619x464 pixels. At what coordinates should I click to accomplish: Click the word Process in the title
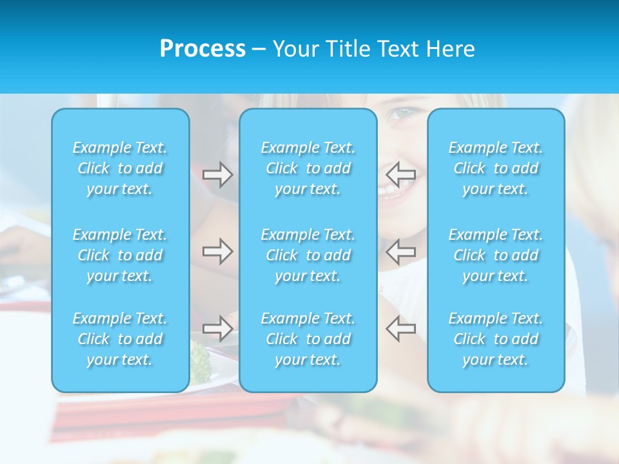pyautogui.click(x=202, y=49)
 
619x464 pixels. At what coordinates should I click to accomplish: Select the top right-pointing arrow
pyautogui.click(x=217, y=175)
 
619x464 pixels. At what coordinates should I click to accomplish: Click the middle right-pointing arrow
pyautogui.click(x=217, y=251)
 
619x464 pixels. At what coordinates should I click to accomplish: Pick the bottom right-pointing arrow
pyautogui.click(x=217, y=328)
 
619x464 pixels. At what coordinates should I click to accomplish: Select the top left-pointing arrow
pyautogui.click(x=401, y=174)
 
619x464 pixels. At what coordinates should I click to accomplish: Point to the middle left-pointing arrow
pyautogui.click(x=401, y=251)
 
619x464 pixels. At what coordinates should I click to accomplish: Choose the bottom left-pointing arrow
pyautogui.click(x=401, y=328)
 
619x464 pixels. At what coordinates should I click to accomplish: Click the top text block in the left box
pyautogui.click(x=120, y=168)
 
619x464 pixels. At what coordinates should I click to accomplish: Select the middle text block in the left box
pyautogui.click(x=120, y=255)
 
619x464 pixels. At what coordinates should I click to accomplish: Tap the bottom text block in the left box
pyautogui.click(x=120, y=339)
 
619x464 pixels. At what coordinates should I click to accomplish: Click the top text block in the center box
pyautogui.click(x=308, y=168)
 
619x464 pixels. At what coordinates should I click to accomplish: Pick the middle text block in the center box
pyautogui.click(x=308, y=255)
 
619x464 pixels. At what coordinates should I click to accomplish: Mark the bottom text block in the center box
pyautogui.click(x=308, y=339)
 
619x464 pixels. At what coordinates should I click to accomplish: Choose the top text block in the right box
pyautogui.click(x=496, y=168)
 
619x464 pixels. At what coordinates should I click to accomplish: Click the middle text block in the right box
pyautogui.click(x=496, y=255)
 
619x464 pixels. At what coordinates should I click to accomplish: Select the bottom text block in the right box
pyautogui.click(x=496, y=339)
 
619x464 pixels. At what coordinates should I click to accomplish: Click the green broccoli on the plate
pyautogui.click(x=200, y=361)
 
